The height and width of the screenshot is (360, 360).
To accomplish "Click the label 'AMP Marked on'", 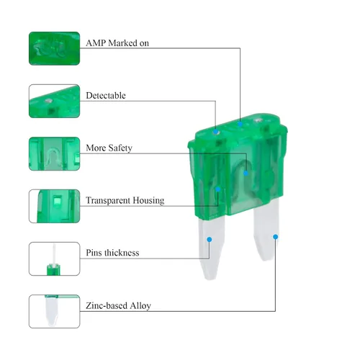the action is pyautogui.click(x=117, y=43).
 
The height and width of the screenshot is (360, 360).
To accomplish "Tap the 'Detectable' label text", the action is pyautogui.click(x=106, y=96).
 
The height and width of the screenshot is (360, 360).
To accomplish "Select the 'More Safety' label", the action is pyautogui.click(x=109, y=148).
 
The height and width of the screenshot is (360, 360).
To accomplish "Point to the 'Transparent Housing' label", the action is pyautogui.click(x=125, y=200).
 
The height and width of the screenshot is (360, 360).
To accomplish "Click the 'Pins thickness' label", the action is pyautogui.click(x=112, y=253).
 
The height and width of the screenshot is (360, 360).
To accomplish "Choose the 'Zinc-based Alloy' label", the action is pyautogui.click(x=118, y=305).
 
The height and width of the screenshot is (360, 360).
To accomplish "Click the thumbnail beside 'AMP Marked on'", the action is pyautogui.click(x=54, y=48).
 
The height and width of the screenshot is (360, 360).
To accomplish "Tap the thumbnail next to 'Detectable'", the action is pyautogui.click(x=54, y=101).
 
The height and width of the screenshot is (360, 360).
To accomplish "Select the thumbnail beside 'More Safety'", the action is pyautogui.click(x=54, y=153).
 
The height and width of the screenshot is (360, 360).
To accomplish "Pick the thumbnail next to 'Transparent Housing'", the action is pyautogui.click(x=54, y=206).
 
